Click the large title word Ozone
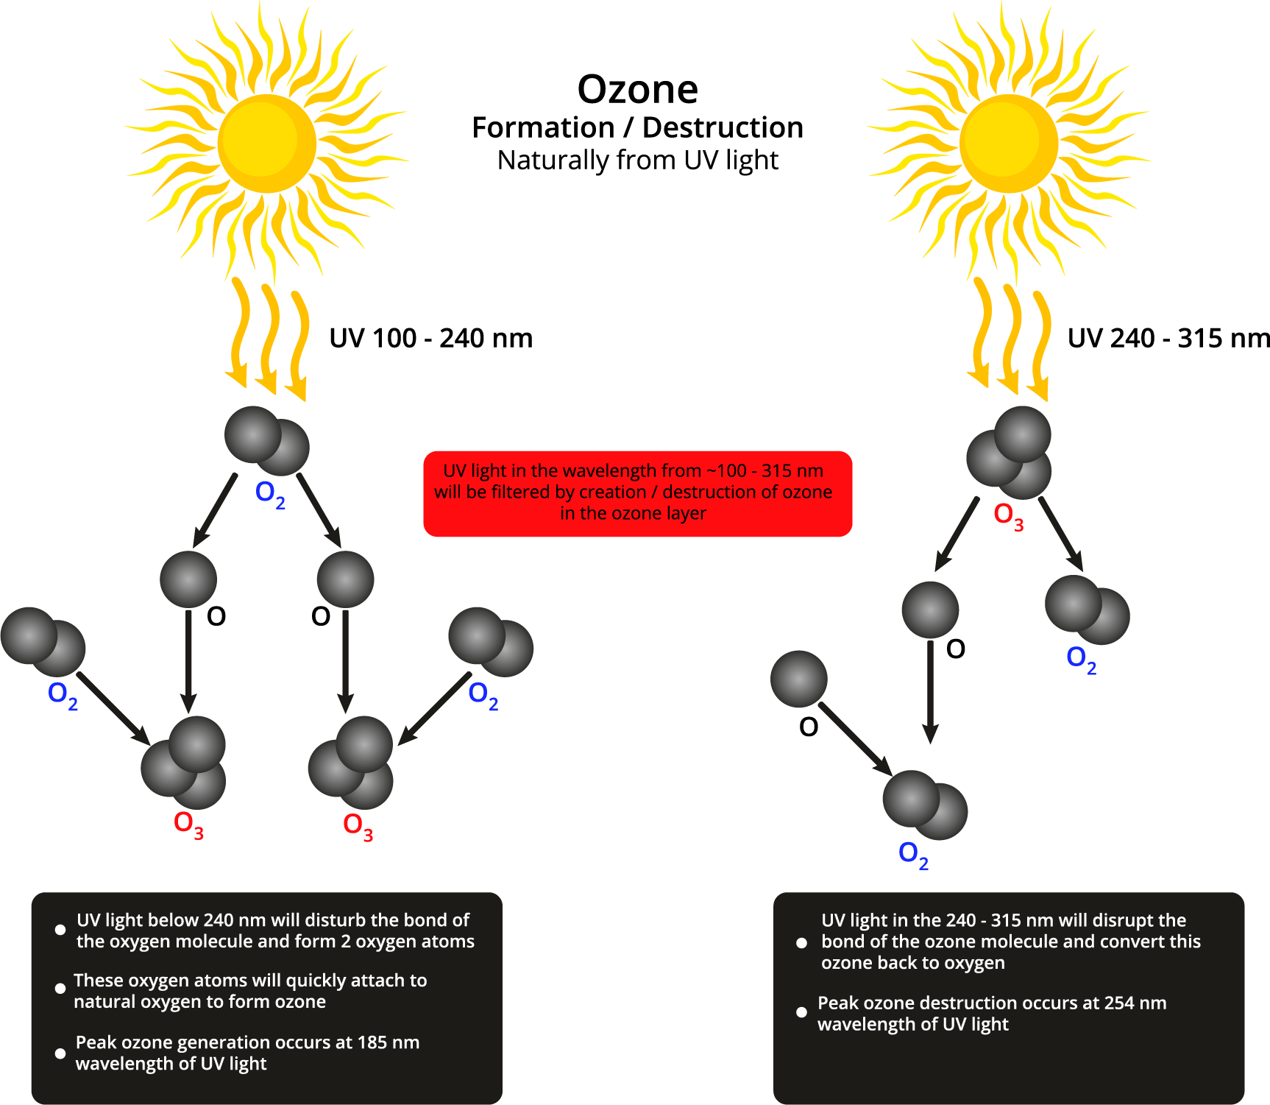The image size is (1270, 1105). click(637, 90)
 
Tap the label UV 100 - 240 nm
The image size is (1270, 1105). click(430, 339)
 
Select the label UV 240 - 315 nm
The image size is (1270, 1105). click(1168, 339)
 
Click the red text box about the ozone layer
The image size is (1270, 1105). click(637, 493)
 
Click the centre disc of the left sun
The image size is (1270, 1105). click(266, 143)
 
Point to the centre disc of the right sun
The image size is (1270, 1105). click(1008, 143)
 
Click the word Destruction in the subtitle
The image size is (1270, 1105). click(722, 128)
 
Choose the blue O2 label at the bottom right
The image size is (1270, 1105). click(913, 855)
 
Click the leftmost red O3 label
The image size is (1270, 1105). click(188, 825)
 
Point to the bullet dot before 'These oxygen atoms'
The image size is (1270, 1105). click(60, 989)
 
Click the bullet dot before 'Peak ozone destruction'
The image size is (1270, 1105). click(801, 1012)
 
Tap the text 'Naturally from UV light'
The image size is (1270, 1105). click(637, 160)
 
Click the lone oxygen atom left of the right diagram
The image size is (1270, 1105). click(799, 679)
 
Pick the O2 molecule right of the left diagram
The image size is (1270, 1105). click(491, 642)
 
